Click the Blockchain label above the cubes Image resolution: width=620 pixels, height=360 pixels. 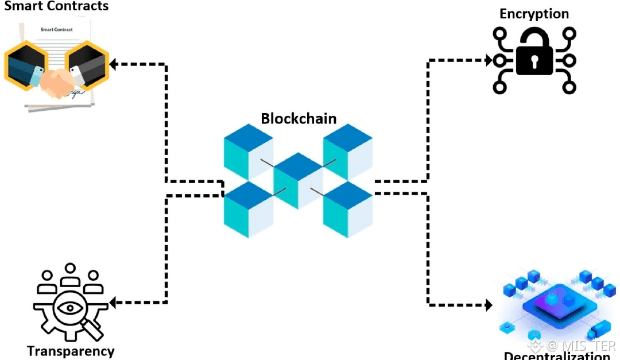[299, 119]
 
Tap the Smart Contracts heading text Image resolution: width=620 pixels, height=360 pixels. [56, 7]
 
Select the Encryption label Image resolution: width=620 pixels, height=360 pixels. [534, 14]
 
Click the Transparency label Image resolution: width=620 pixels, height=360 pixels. [71, 351]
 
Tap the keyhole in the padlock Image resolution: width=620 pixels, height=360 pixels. [534, 60]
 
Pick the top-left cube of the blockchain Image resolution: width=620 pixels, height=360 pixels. [248, 150]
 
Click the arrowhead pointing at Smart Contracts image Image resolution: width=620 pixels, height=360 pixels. [113, 64]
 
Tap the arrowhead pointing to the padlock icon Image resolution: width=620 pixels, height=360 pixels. [489, 60]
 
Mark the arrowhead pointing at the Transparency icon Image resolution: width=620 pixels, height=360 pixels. [113, 302]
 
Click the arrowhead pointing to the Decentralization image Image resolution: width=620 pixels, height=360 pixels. [489, 305]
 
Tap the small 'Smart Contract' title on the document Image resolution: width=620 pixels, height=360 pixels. [56, 29]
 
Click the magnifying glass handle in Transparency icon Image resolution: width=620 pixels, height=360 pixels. [92, 330]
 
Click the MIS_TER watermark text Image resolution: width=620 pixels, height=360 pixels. [580, 346]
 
